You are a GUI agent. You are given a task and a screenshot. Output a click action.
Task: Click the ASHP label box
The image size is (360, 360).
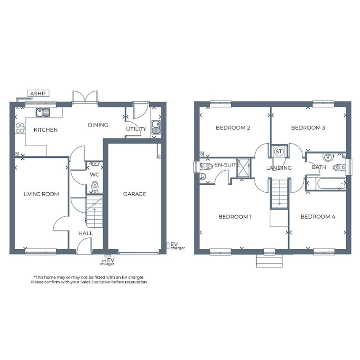tap(38, 93)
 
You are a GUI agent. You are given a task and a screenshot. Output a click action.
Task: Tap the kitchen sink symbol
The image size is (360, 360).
tap(43, 112)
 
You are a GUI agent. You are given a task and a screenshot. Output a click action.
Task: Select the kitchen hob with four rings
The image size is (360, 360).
tap(20, 128)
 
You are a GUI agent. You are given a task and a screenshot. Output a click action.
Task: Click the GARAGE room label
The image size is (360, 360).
tap(135, 194)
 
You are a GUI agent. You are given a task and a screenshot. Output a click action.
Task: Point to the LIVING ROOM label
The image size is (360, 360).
tap(41, 194)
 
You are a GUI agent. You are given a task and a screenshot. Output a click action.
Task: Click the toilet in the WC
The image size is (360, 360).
tap(94, 187)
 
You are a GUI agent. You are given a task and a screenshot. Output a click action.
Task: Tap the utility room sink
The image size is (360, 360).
tap(156, 127)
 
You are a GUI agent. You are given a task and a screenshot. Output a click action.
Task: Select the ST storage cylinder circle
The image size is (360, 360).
tap(279, 152)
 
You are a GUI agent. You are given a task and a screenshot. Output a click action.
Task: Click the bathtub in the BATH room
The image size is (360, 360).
tap(331, 184)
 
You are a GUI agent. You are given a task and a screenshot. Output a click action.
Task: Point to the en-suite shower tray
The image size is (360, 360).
tap(243, 168)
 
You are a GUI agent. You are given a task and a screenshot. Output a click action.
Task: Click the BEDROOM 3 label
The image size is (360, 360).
tap(308, 128)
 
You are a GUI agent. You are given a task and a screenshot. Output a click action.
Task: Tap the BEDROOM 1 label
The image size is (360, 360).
tap(235, 217)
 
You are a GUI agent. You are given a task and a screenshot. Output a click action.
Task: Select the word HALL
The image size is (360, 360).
tap(86, 233)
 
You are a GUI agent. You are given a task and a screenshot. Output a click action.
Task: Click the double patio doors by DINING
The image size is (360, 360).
tap(85, 97)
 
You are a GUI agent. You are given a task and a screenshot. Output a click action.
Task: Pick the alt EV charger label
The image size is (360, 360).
tap(107, 262)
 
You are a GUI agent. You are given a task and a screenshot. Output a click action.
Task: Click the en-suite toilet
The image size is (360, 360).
tap(206, 166)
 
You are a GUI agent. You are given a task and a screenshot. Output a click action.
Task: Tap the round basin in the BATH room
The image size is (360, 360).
tap(328, 157)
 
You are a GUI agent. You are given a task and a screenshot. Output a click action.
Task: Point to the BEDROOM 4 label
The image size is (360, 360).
tap(318, 216)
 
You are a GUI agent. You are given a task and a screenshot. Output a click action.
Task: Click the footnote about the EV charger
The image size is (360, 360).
tap(89, 280)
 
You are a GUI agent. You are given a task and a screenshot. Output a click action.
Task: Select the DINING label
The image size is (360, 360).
tap(98, 125)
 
